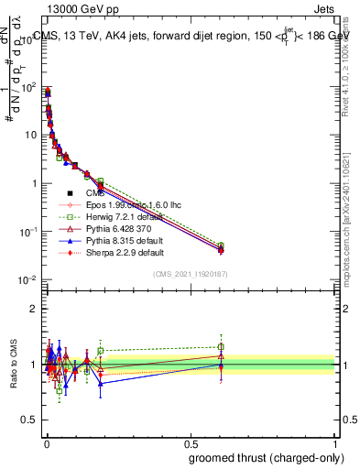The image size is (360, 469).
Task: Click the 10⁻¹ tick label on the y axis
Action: point(28,232)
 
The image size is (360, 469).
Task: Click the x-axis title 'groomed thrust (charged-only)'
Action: point(267,457)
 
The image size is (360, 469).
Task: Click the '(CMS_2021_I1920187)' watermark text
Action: point(191,274)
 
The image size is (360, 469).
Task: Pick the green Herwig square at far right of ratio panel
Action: point(220,346)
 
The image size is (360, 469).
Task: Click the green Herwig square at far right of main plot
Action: point(220,245)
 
